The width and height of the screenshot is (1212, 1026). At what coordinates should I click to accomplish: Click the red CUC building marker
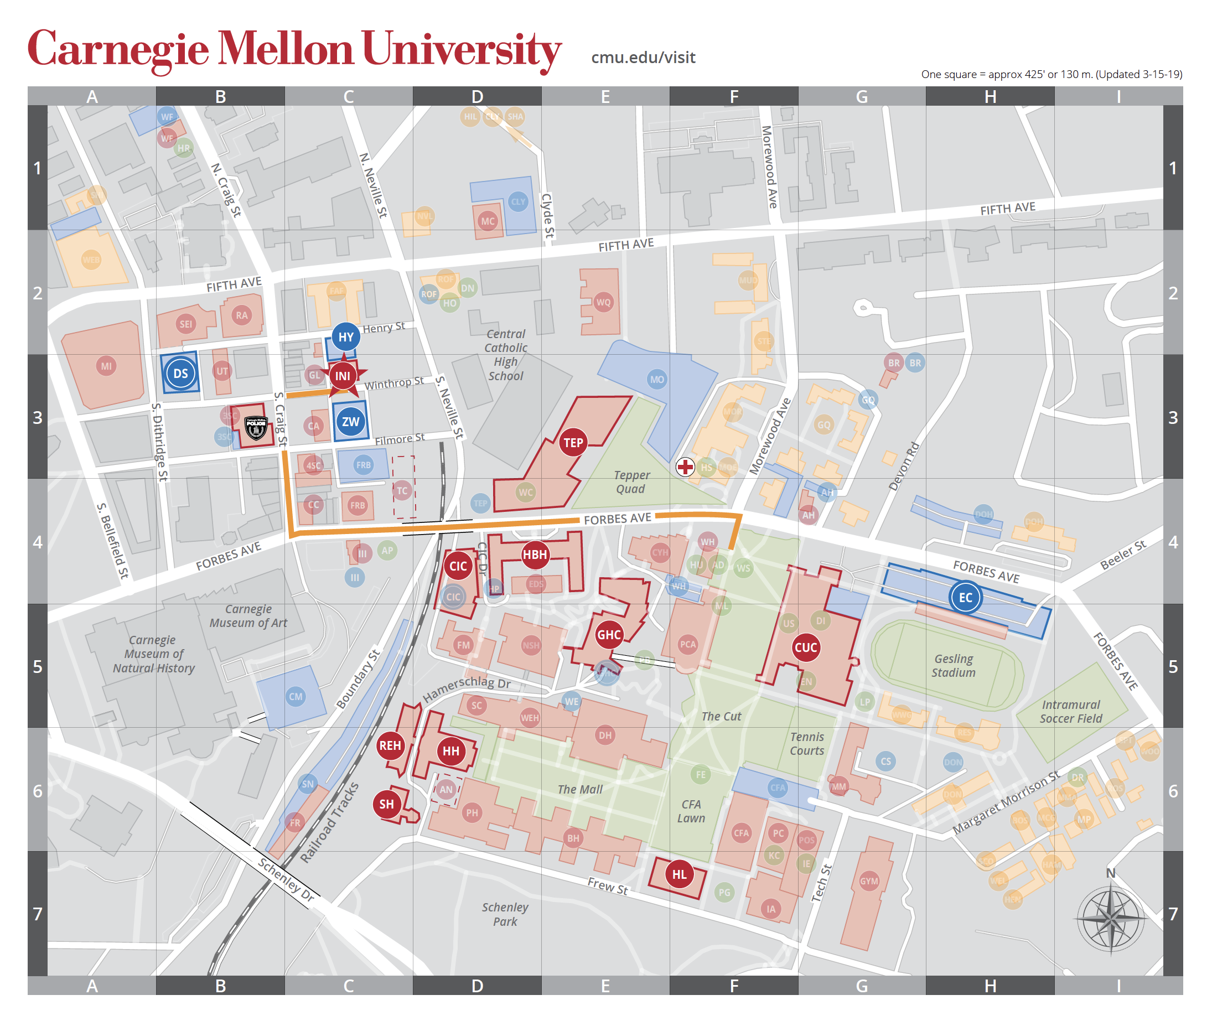point(805,647)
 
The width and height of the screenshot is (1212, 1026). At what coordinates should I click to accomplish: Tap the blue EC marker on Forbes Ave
point(965,597)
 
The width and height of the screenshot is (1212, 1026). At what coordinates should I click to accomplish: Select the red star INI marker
point(343,376)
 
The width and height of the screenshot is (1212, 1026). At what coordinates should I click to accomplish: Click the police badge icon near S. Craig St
point(256,428)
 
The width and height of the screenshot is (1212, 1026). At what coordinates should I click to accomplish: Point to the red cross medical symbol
point(685,467)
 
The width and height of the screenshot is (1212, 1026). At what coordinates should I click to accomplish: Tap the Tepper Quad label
point(631,481)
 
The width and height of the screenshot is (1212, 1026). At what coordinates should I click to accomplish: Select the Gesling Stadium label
point(953,665)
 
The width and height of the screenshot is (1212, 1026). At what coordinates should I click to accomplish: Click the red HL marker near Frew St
point(679,874)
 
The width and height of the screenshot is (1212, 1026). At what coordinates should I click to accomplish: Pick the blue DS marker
point(180,374)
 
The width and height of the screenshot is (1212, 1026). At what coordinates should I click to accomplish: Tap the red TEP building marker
point(573,443)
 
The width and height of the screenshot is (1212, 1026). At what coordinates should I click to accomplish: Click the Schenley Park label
point(505,914)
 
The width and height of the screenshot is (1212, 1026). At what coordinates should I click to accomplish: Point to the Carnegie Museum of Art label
point(248,615)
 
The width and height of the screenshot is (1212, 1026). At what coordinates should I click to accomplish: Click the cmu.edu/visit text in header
point(643,58)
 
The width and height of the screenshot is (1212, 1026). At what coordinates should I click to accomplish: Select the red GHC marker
point(609,635)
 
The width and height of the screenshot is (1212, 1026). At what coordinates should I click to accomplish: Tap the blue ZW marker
point(350,422)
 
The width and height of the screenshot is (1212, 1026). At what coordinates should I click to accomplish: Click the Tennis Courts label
point(807,743)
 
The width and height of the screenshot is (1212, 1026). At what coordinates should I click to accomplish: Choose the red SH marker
point(387,805)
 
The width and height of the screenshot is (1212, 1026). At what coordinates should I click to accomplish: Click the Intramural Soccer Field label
point(1071,711)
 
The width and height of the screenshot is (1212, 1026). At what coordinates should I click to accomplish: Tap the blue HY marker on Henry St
point(346,337)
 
